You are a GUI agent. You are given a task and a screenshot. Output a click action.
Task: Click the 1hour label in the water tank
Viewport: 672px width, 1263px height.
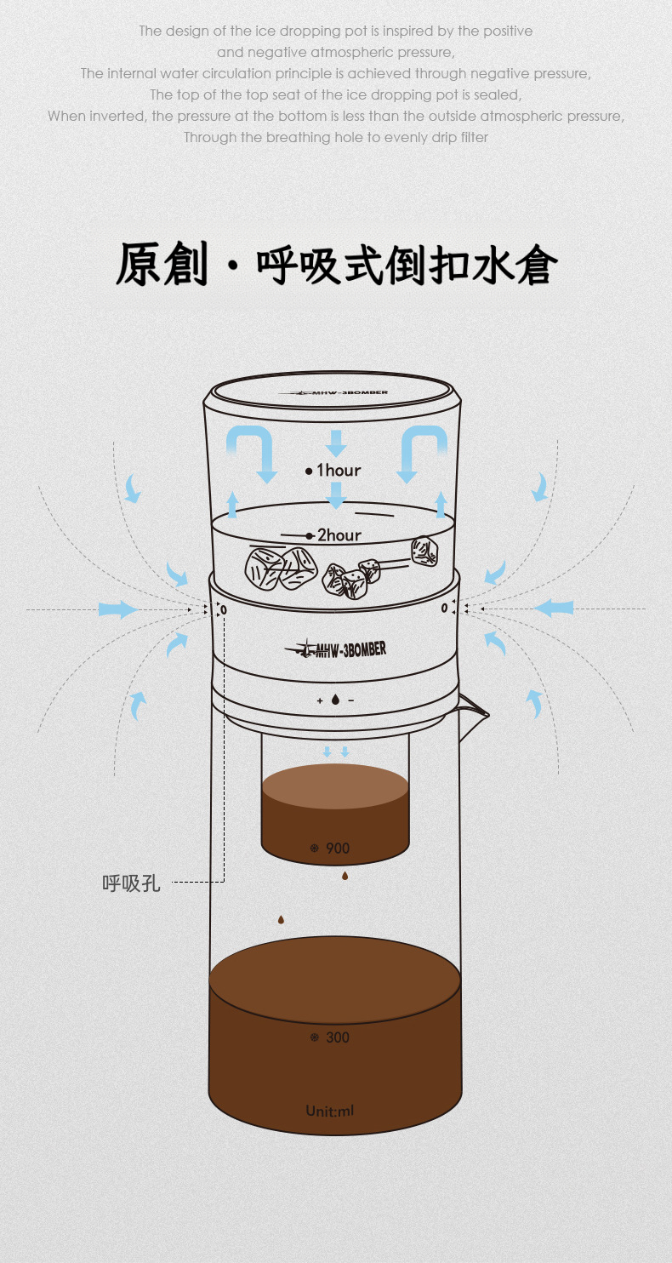tap(339, 470)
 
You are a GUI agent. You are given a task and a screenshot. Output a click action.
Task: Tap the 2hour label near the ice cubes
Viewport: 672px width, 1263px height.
tap(339, 534)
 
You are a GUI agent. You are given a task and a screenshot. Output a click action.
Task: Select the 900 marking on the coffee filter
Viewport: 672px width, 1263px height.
tap(338, 848)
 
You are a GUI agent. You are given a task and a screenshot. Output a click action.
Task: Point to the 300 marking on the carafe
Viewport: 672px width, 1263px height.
tap(338, 1037)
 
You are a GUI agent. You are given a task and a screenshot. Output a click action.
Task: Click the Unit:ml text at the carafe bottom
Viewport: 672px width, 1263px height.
tap(330, 1111)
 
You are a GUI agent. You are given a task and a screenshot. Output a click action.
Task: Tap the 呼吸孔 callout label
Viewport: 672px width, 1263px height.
tap(131, 883)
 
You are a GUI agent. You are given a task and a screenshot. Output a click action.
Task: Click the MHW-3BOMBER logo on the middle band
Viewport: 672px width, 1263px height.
tap(336, 649)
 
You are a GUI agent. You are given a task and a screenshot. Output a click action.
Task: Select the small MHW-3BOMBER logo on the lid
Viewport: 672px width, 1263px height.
tap(333, 392)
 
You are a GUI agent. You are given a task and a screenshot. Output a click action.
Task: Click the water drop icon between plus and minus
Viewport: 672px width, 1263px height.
tap(336, 700)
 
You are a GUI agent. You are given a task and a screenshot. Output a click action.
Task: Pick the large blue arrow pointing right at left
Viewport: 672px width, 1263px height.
tap(118, 609)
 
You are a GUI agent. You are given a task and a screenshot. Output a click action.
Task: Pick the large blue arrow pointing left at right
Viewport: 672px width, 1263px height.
tap(553, 608)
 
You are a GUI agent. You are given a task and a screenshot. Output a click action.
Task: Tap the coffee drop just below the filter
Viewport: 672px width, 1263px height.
tap(345, 876)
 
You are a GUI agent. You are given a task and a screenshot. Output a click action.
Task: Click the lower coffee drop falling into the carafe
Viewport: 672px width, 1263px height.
tap(281, 920)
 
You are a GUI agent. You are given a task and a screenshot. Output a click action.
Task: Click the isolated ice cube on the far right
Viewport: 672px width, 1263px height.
tap(424, 551)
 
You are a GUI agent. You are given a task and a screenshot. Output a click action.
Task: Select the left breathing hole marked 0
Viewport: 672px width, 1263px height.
tap(224, 610)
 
